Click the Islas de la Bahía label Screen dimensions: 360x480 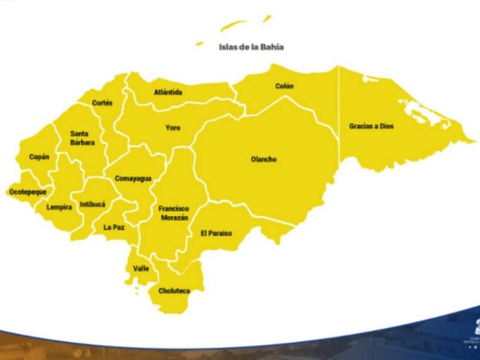pos(251,47)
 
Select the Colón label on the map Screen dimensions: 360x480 pos(285,86)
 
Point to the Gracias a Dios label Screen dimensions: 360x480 pos(372,127)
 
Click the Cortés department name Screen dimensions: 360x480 pos(102,103)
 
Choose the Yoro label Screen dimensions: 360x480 pos(173,128)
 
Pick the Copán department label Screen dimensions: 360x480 pos(39,157)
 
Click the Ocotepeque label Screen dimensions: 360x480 pos(27,192)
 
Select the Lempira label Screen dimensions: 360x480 pos(59,207)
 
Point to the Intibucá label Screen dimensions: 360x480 pos(92,204)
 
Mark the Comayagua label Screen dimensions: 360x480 pos(132,178)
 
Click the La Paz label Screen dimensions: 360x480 pos(113,228)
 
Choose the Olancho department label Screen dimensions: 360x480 pos(264,160)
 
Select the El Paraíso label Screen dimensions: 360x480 pos(216,233)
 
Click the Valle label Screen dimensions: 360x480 pos(141,268)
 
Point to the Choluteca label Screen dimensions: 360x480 pos(175,292)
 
